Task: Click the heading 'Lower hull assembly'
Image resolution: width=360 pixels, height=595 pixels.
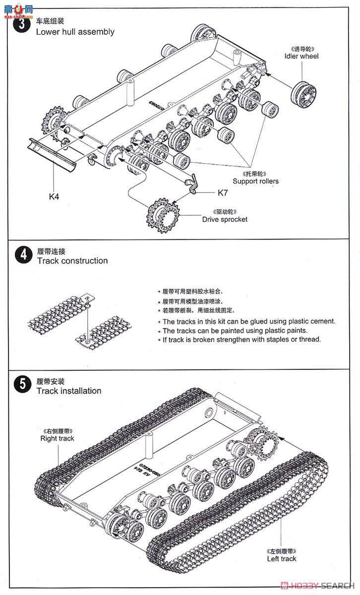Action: tap(75, 32)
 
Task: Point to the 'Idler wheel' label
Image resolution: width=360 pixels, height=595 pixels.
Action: tap(301, 56)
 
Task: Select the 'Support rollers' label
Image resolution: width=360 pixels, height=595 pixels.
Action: tap(255, 181)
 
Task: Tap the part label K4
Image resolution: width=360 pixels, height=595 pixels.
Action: tap(54, 196)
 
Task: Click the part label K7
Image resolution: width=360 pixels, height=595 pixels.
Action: tap(223, 192)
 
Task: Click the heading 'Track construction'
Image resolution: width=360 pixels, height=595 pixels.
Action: tap(72, 261)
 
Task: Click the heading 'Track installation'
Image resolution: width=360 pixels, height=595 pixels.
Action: tap(68, 391)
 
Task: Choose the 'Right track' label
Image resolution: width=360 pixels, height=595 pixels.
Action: tap(57, 438)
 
